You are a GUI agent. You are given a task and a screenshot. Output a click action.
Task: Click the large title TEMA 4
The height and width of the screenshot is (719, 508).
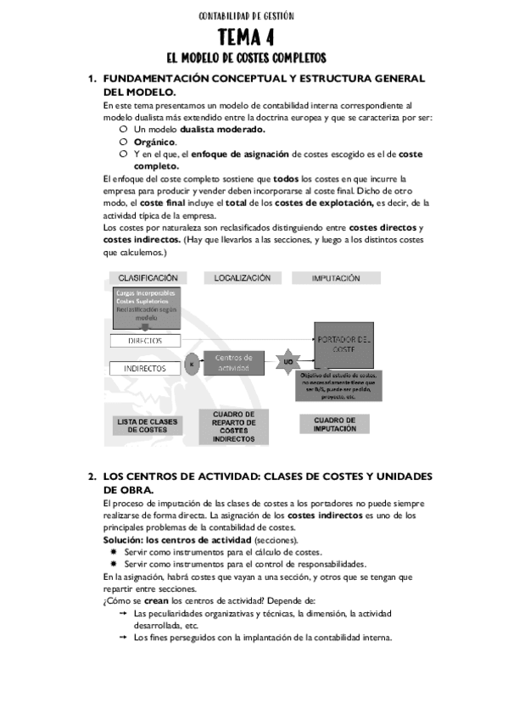[245, 37]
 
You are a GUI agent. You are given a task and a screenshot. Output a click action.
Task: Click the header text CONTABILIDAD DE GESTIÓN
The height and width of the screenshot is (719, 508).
[245, 15]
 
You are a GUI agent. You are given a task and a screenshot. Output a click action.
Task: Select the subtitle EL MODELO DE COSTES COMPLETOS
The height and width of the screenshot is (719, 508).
[245, 58]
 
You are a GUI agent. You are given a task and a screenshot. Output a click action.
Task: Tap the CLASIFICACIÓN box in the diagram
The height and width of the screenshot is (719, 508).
[148, 277]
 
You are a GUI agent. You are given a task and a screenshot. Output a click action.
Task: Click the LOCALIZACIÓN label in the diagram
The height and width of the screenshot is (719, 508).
[242, 277]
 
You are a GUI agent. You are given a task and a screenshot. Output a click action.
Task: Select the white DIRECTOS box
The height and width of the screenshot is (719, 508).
[145, 340]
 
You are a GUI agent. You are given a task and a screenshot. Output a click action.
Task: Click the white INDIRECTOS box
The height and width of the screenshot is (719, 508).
[145, 369]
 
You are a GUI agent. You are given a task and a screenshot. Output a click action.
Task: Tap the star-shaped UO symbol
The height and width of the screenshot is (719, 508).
[287, 362]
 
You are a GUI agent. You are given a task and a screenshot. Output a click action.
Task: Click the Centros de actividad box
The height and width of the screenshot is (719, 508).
[235, 363]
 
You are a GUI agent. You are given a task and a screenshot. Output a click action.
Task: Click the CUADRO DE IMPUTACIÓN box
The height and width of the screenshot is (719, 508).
[335, 424]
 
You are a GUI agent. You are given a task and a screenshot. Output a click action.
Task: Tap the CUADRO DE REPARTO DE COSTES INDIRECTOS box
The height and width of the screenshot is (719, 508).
[233, 426]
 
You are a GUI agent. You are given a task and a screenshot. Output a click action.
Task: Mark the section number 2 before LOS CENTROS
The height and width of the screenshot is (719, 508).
[91, 477]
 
